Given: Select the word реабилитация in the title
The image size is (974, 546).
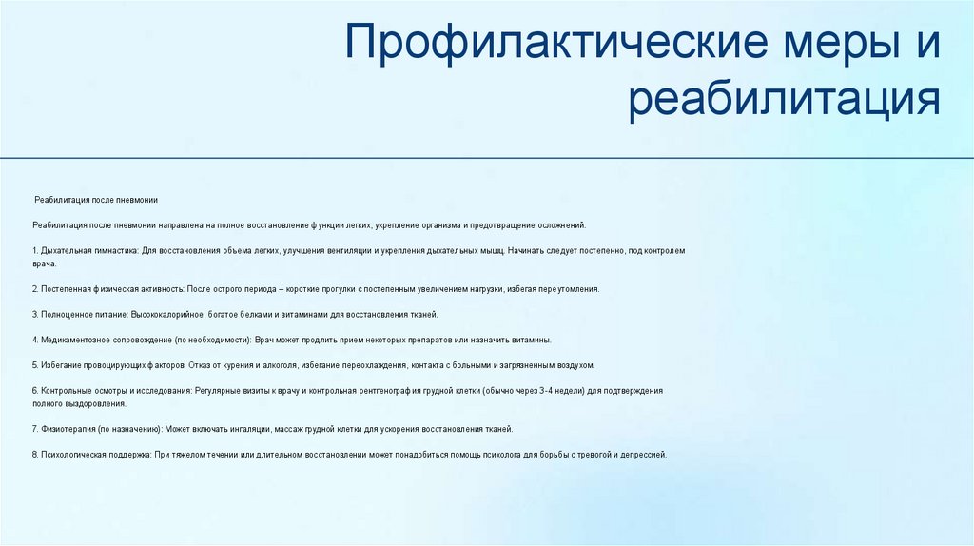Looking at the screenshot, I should [784, 101].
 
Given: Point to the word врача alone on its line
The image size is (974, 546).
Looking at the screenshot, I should [44, 263].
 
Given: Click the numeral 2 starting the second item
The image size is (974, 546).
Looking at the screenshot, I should [34, 288].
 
